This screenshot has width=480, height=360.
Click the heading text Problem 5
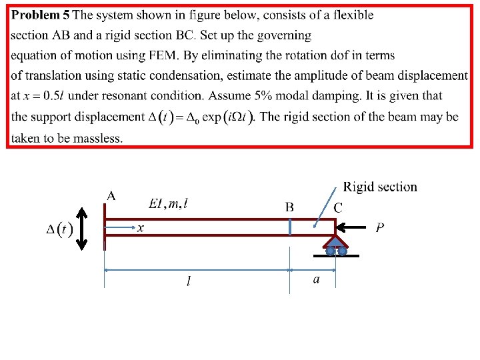41,15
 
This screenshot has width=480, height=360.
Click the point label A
111,195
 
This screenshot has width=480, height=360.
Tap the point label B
289,207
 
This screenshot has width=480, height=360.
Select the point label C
338,207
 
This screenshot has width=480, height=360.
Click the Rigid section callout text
380,187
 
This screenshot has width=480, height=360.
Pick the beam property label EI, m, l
168,203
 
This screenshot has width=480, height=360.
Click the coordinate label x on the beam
141,228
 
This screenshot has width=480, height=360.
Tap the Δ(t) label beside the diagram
59,230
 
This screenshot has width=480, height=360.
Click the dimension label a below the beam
316,279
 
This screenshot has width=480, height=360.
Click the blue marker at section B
290,225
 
